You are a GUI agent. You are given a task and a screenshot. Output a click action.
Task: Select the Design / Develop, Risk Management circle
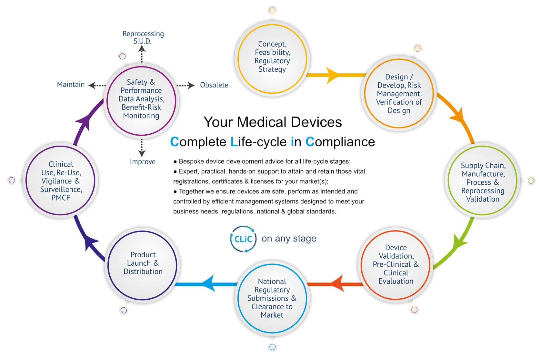tap(399, 94)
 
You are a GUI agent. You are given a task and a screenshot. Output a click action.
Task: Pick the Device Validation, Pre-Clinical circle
tap(396, 264)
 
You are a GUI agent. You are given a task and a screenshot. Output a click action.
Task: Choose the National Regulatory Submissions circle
tap(272, 298)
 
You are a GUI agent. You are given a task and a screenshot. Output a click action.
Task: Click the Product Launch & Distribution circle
tap(143, 263)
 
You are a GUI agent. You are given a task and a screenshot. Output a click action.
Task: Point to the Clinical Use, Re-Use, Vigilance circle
tap(61, 181)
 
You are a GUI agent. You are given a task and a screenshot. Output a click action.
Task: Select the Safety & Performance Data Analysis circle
tap(141, 99)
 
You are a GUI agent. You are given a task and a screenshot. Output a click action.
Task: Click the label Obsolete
tap(214, 85)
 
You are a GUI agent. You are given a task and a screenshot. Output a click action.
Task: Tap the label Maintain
tap(71, 85)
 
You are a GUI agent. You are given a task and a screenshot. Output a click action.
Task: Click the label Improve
tap(143, 162)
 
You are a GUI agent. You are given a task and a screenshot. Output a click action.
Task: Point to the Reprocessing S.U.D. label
tap(143, 37)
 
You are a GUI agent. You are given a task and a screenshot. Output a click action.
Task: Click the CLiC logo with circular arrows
tap(243, 239)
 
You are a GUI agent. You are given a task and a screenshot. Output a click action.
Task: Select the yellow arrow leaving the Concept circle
tap(336, 75)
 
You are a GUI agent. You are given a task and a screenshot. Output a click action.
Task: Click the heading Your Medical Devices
tap(273, 122)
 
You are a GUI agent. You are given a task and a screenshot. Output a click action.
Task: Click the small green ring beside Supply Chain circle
tap(531, 181)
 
